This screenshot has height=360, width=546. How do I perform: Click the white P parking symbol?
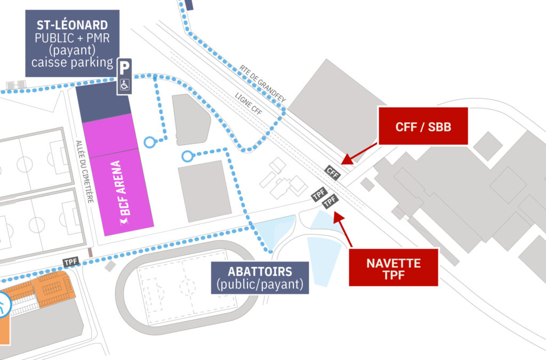pos(124,68)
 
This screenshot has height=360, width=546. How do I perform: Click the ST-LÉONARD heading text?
pos(72,25)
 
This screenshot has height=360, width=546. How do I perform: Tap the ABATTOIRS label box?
pos(260,277)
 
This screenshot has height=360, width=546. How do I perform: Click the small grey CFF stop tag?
pos(332,172)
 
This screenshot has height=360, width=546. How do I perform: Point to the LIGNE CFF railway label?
pos(249,105)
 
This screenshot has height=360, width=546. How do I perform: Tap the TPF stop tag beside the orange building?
pos(71,262)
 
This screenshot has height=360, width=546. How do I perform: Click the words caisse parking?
pos(72,63)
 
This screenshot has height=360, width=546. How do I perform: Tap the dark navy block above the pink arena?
pos(103,101)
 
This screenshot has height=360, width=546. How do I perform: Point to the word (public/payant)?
pos(260,284)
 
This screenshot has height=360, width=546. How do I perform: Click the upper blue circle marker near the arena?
pos(150,142)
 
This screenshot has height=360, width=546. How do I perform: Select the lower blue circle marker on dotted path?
pos(187,156)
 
